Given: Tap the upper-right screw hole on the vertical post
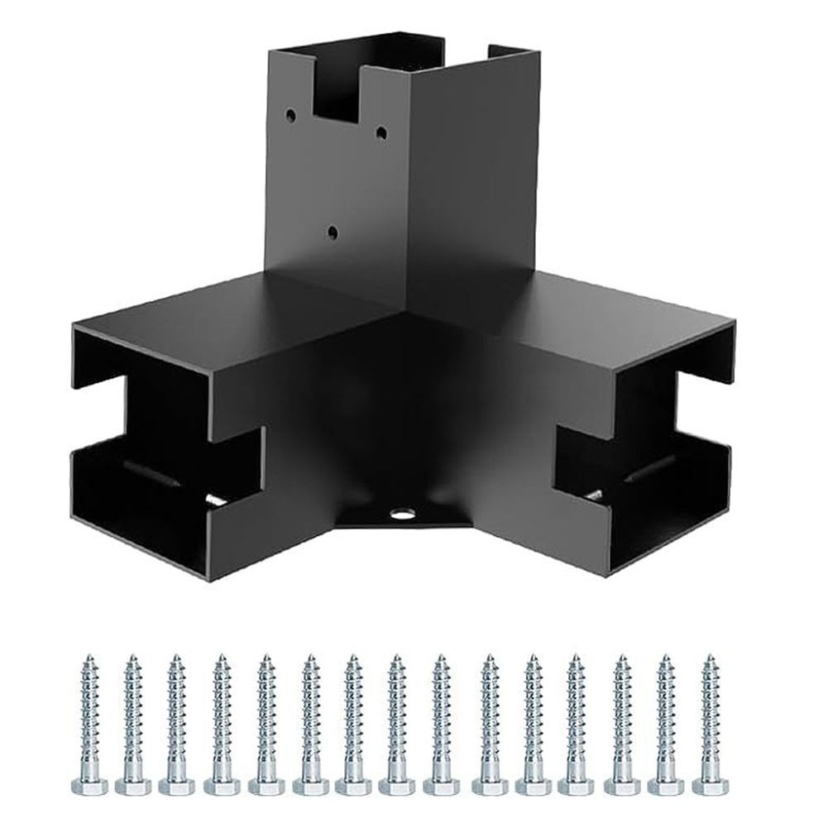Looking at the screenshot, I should click(380, 132).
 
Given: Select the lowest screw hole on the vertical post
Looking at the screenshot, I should click(333, 234).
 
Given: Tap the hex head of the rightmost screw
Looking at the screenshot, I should click(711, 785).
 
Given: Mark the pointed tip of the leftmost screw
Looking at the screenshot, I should click(89, 658).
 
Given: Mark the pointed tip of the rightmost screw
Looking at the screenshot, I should click(710, 658).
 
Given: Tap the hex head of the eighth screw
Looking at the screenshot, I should click(397, 785).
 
